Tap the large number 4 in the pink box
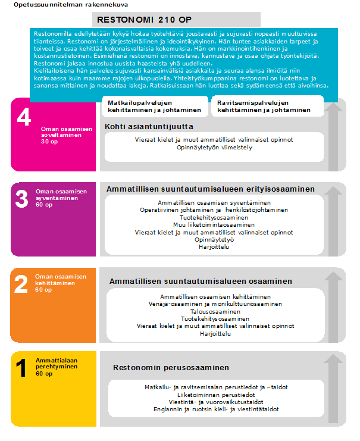pos(24,118)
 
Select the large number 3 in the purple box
pos(21,199)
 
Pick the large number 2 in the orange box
pos(21,284)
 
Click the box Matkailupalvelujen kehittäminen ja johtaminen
pos(154,106)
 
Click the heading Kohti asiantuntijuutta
pos(149,126)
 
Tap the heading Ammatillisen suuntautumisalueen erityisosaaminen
pos(211,189)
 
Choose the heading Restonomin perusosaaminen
pos(171,367)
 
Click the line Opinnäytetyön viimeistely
pos(214,148)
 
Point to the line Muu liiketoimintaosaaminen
pos(214,225)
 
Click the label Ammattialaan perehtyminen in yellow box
pos(57,364)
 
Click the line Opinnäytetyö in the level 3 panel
pos(214,240)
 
